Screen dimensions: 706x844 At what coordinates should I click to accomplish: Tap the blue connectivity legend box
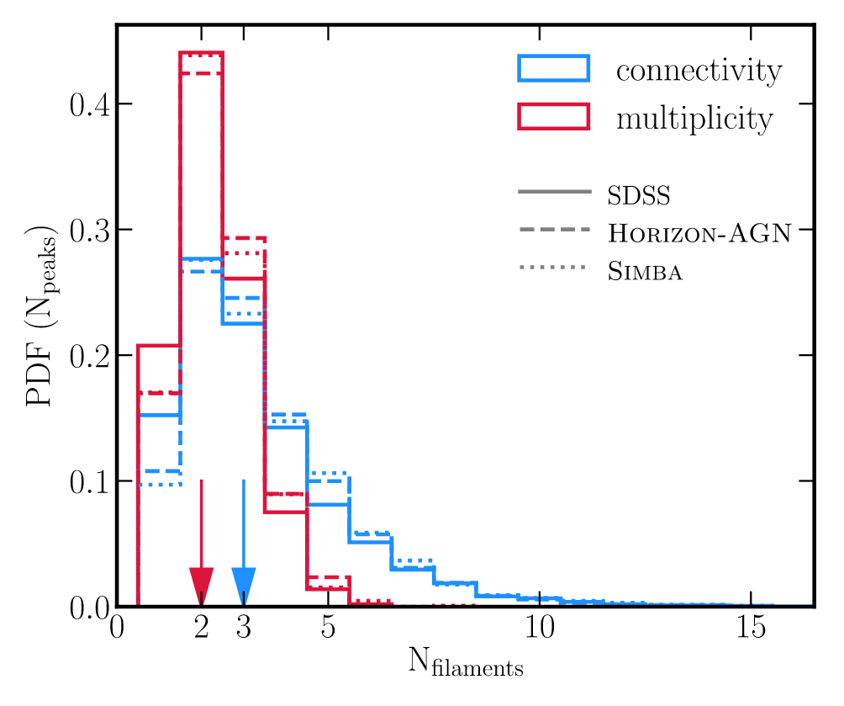coord(554,70)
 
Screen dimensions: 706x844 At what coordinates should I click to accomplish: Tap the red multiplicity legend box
coord(554,118)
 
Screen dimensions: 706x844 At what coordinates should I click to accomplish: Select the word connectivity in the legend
coord(699,71)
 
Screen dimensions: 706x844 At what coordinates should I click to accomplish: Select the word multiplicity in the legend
coord(694,119)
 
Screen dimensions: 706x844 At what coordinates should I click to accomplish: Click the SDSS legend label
coord(638,197)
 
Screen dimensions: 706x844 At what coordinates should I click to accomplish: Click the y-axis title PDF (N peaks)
coord(42,316)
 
